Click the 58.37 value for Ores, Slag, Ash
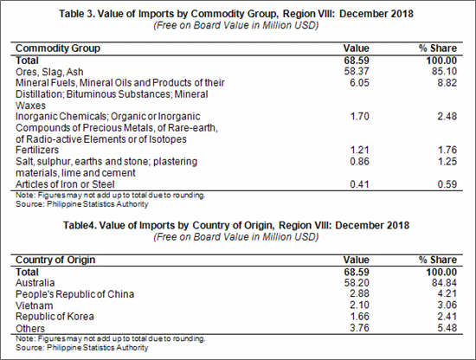point(357,71)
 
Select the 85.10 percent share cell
point(444,71)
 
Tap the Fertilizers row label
point(37,150)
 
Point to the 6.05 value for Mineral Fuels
point(359,82)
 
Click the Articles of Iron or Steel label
point(65,184)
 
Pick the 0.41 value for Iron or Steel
point(359,184)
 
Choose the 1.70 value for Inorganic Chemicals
point(359,116)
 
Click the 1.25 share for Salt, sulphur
point(447,161)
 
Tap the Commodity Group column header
point(58,48)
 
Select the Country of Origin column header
point(55,260)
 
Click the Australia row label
point(35,283)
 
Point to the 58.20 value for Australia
point(357,283)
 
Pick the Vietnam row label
point(34,305)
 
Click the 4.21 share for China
point(447,294)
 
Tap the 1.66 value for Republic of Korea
point(359,317)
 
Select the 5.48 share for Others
point(447,328)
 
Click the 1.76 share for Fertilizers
point(447,150)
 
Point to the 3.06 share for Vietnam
point(447,305)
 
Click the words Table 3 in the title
point(77,14)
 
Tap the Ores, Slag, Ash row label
point(49,72)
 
